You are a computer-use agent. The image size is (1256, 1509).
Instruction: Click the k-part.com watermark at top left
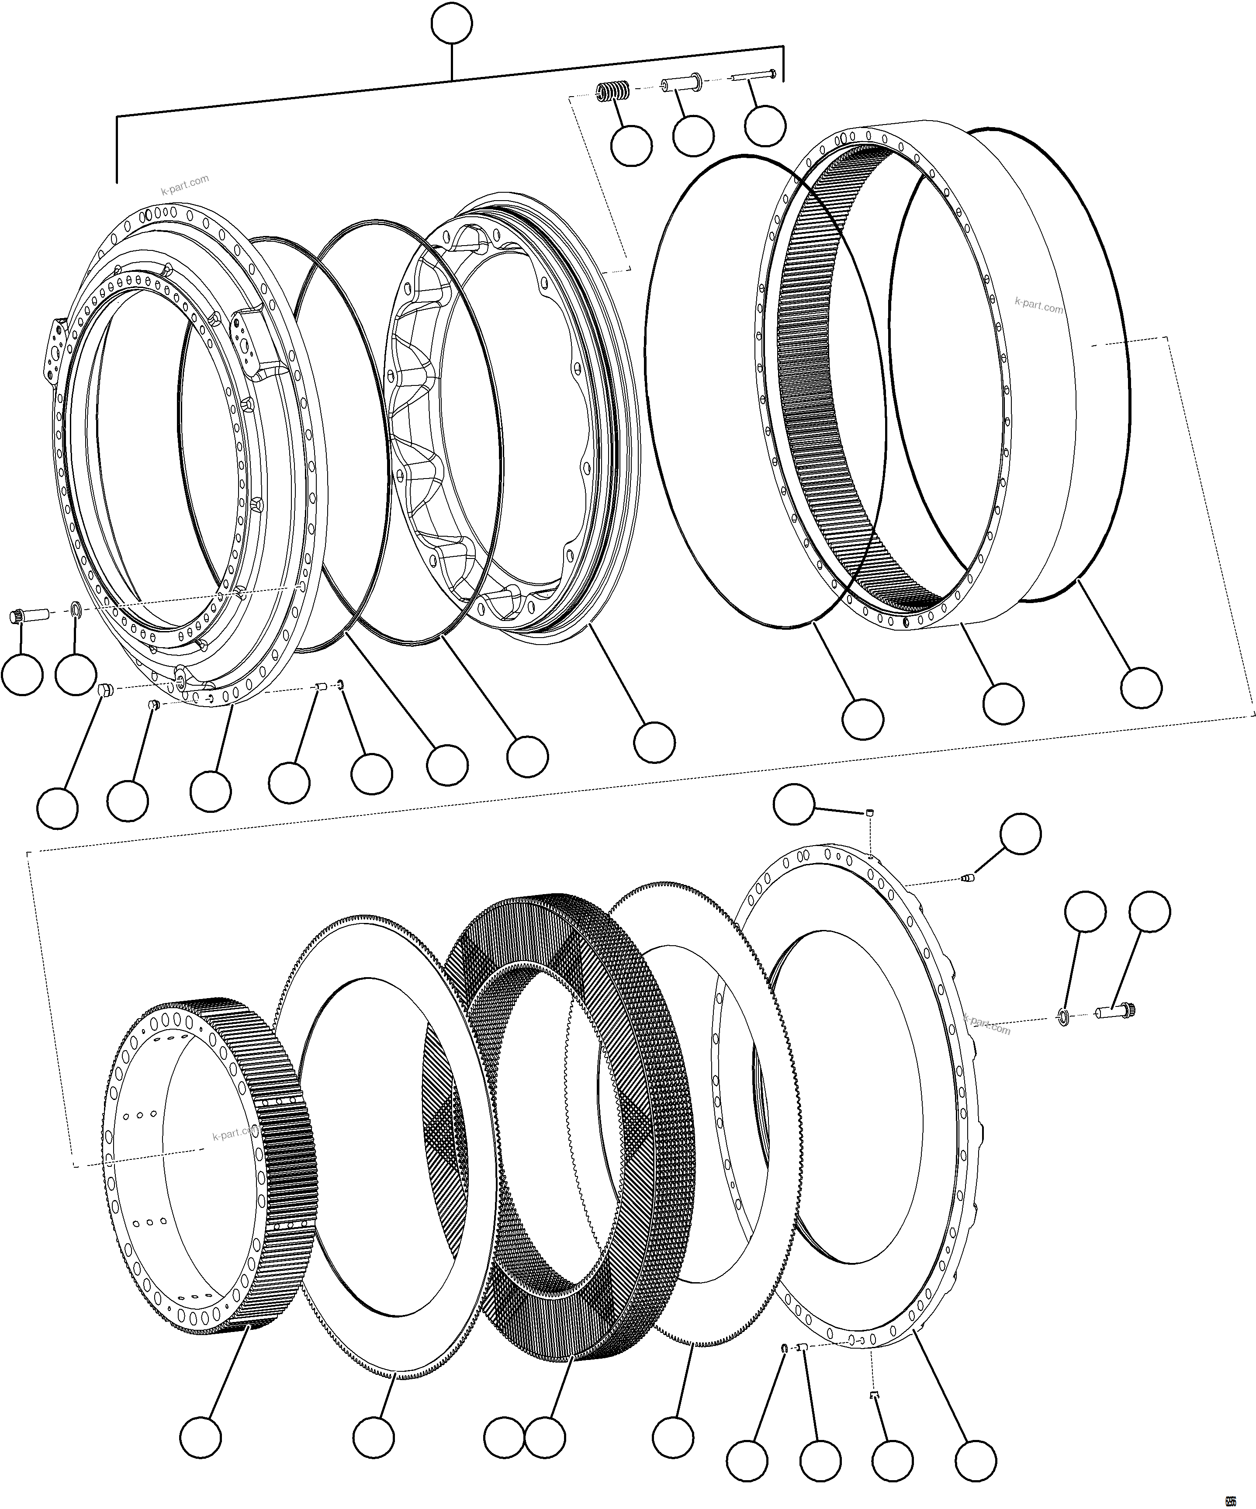click(185, 185)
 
